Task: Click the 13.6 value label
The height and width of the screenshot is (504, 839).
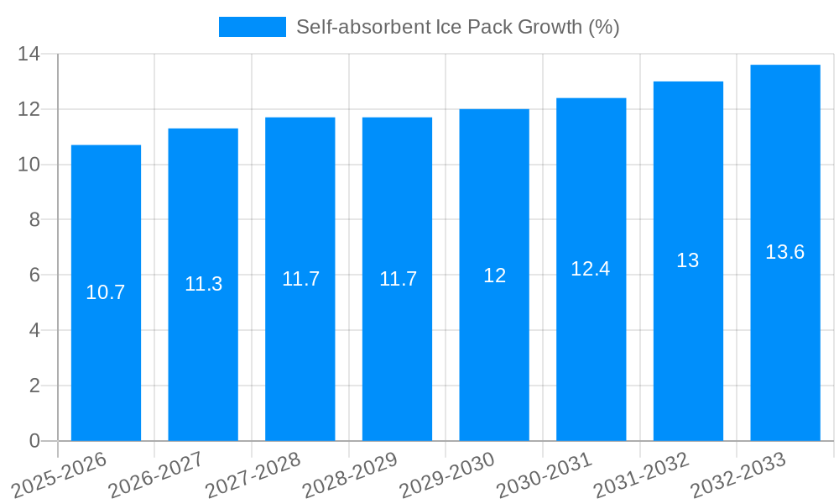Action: pyautogui.click(x=785, y=252)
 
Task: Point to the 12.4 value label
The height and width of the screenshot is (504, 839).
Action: pyautogui.click(x=591, y=269)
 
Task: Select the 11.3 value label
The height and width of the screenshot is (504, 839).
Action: pyautogui.click(x=203, y=284)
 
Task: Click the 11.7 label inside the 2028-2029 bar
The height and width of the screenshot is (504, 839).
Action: pyautogui.click(x=398, y=279)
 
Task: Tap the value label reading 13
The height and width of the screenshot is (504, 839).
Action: pyautogui.click(x=688, y=260)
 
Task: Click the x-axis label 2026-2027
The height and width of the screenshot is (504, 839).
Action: pyautogui.click(x=156, y=475)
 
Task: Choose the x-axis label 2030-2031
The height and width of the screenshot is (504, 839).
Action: pyautogui.click(x=545, y=475)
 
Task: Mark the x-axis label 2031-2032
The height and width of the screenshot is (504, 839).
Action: pyautogui.click(x=642, y=475)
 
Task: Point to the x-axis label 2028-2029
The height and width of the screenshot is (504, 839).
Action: pyautogui.click(x=350, y=475)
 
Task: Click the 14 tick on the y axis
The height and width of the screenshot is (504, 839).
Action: pyautogui.click(x=29, y=55)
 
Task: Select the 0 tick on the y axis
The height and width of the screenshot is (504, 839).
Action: pyautogui.click(x=34, y=441)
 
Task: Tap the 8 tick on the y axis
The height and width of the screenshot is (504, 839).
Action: pyautogui.click(x=34, y=220)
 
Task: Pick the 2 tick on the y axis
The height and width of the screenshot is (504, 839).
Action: pyautogui.click(x=34, y=386)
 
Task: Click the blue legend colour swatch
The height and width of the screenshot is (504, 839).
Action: pyautogui.click(x=252, y=27)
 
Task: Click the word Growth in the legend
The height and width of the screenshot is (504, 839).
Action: pyautogui.click(x=536, y=27)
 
